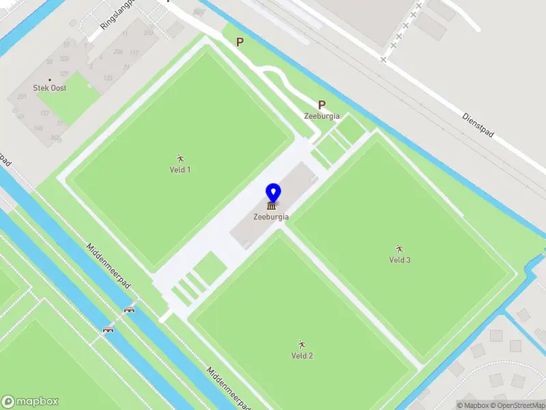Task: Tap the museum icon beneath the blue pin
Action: tap(272, 206)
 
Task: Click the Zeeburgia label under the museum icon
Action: tap(271, 217)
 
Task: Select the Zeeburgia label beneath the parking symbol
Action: tap(321, 116)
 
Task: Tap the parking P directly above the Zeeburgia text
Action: tap(321, 105)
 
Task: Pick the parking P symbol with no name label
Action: tap(240, 42)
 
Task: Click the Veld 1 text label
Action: tap(180, 169)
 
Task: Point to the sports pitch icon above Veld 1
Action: tap(180, 159)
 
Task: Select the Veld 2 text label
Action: tap(302, 355)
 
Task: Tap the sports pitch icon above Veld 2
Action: tap(302, 344)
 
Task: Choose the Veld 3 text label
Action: tap(399, 260)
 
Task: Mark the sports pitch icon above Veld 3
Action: tap(399, 248)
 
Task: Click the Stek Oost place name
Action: tap(50, 88)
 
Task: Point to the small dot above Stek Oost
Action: tap(50, 80)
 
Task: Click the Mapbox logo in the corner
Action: tap(30, 402)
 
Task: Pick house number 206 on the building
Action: tap(118, 52)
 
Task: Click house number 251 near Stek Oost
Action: tap(22, 98)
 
